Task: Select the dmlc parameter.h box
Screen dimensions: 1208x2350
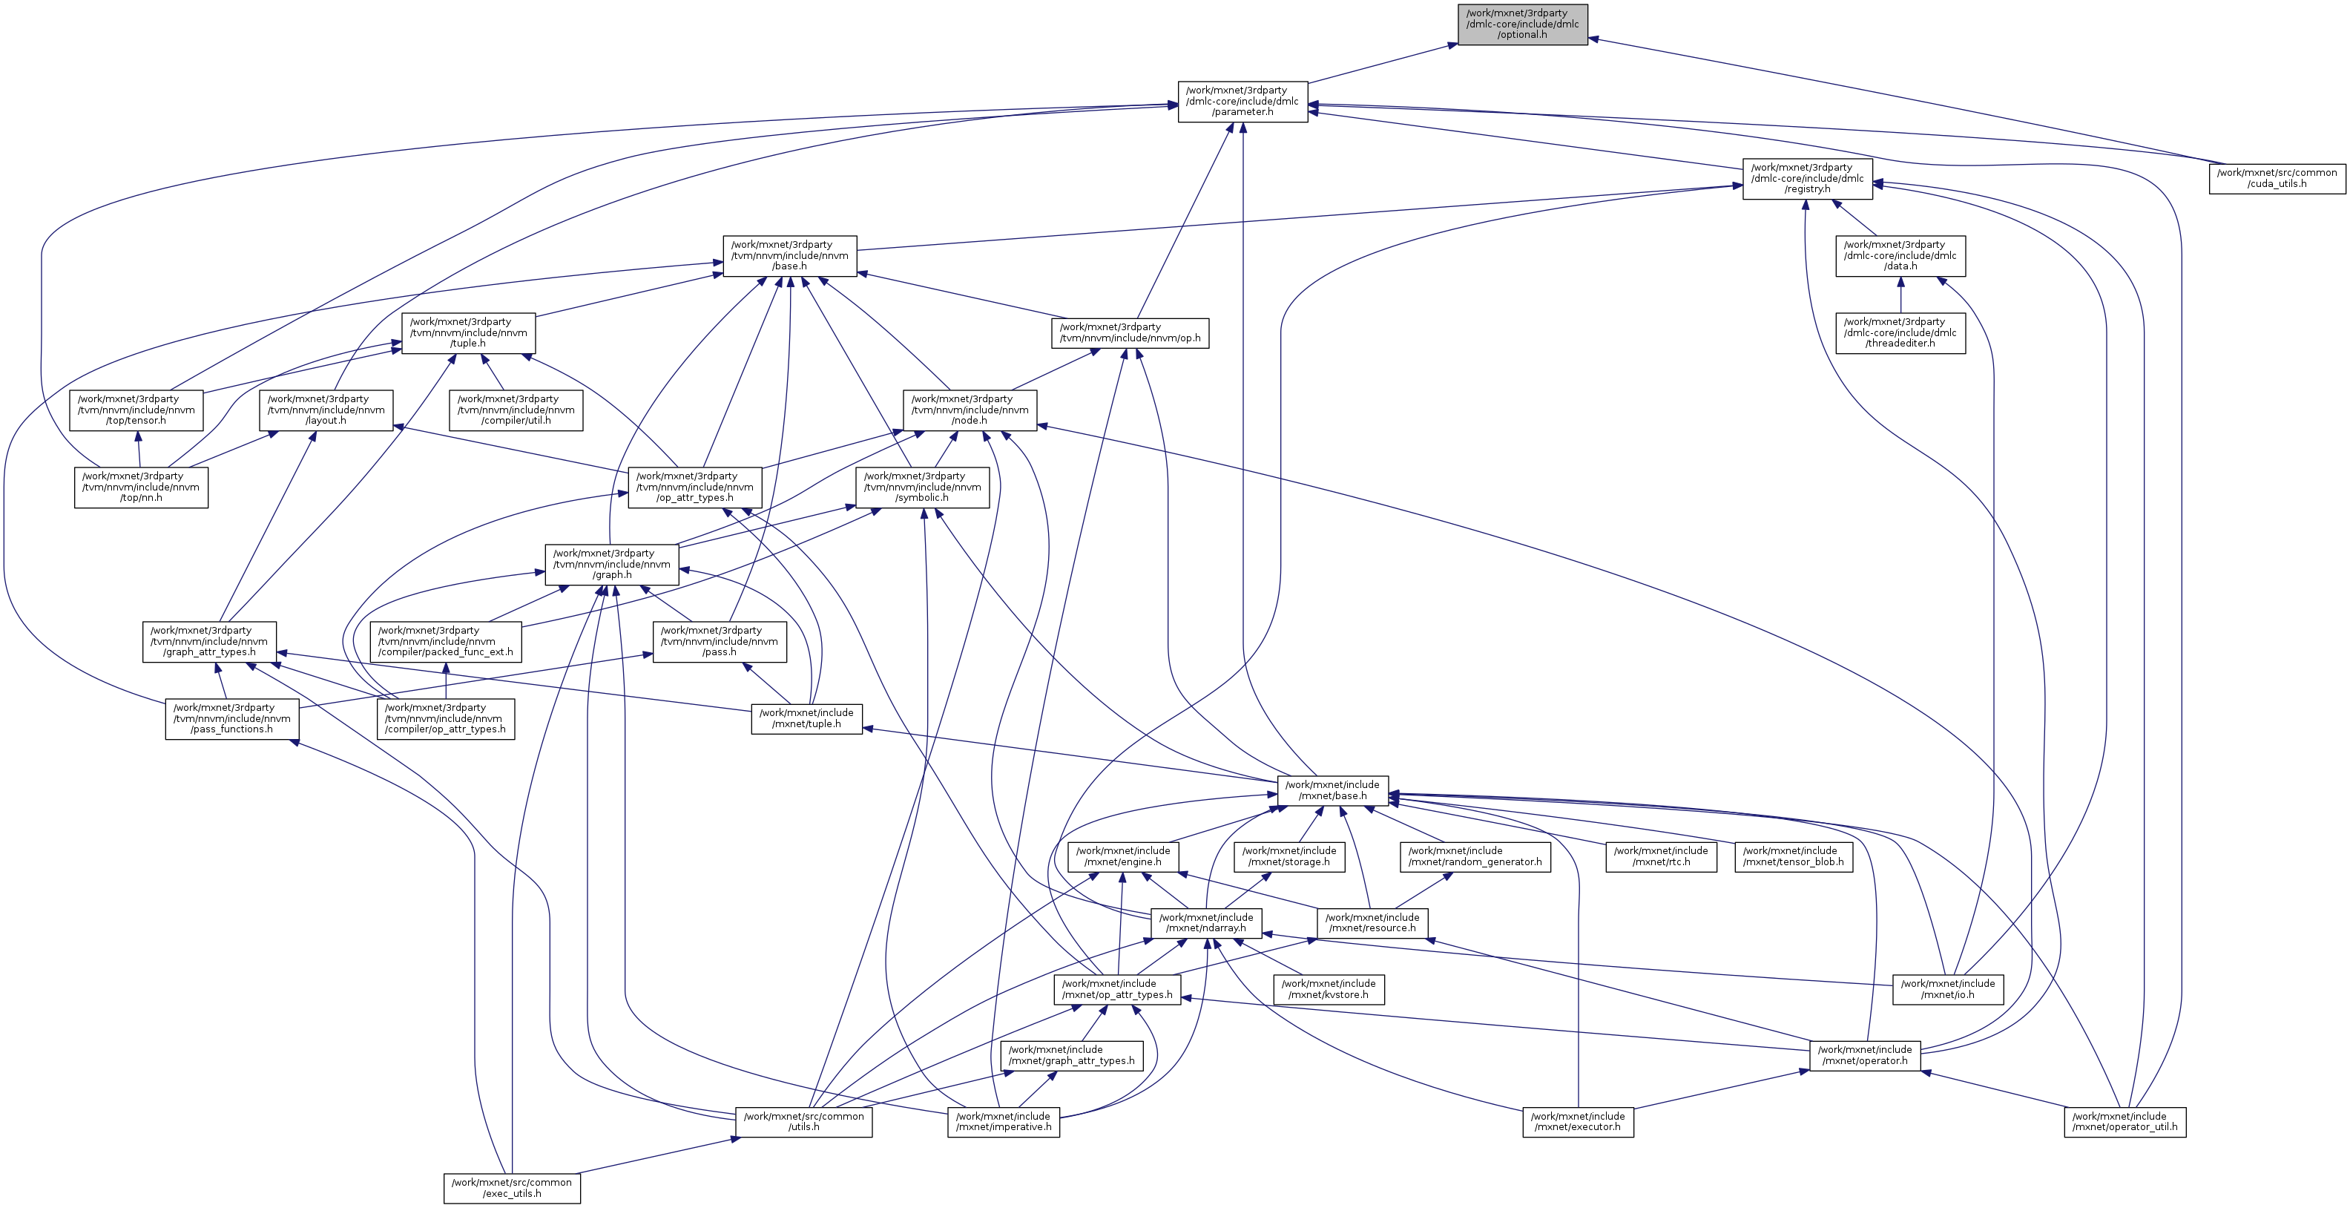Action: point(1243,101)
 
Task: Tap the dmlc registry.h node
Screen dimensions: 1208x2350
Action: point(1807,179)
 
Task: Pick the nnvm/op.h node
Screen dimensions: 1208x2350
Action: point(1130,333)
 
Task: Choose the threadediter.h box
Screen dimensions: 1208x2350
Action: point(1900,333)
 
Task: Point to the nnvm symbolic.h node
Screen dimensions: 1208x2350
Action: point(922,488)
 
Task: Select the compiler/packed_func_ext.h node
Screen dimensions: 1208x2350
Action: point(446,641)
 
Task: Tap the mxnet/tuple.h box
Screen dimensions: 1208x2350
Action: point(806,719)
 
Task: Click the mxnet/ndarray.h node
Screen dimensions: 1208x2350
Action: point(1206,923)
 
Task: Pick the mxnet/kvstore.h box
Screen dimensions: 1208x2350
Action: point(1329,989)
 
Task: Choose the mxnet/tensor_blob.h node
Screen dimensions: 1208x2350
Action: point(1793,857)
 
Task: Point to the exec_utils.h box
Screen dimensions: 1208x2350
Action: point(512,1188)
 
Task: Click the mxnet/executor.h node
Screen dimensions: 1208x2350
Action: point(1577,1121)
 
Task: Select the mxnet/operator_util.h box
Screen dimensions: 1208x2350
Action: point(2124,1121)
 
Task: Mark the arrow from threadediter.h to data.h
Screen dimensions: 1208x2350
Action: point(1900,295)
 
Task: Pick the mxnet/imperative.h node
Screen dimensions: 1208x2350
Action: point(1003,1121)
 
